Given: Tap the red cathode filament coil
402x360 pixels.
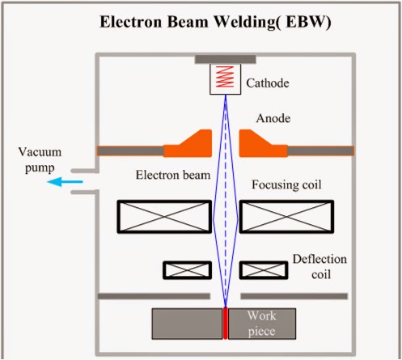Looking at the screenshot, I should [226, 78].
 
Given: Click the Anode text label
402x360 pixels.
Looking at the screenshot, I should [275, 118].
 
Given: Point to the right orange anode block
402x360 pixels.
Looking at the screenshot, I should [260, 146].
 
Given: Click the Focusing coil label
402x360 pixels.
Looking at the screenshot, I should [287, 185].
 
